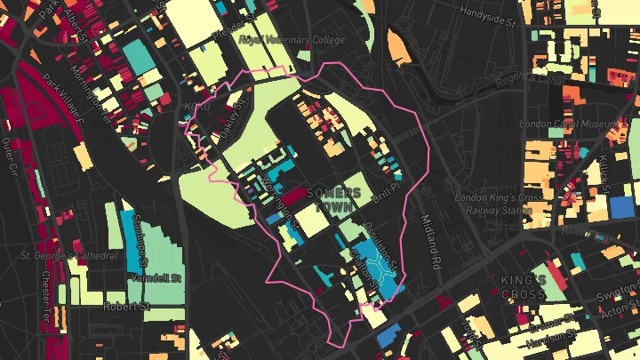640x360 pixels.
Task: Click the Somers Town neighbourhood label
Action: (333, 199)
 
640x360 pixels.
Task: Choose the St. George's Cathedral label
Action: (69, 256)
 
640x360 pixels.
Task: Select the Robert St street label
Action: (124, 306)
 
